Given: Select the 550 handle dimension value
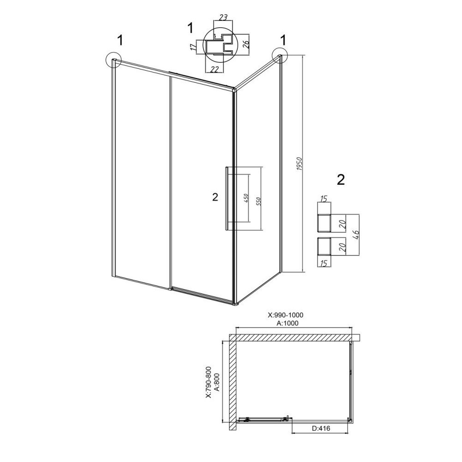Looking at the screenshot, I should coord(259,201).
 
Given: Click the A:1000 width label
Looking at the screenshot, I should coord(287,323).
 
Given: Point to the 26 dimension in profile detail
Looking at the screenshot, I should coord(246,44).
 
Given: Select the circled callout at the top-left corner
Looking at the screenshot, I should coord(113,60).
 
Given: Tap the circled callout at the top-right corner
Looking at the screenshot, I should coord(280,55).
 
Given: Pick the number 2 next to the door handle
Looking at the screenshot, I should coord(215,197).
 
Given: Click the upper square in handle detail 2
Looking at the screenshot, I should coord(324,223).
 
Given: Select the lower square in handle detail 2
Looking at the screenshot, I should coord(324,247).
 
